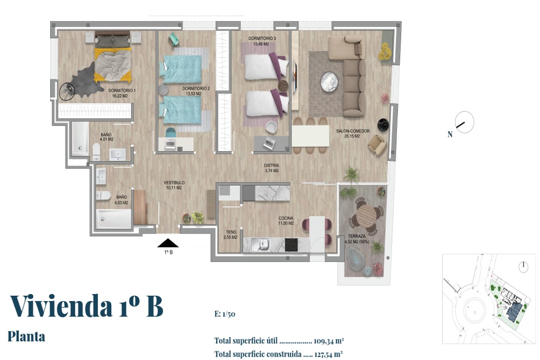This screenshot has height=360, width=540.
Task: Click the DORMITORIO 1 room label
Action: [x=122, y=91]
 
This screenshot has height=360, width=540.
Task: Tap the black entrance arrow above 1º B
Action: [x=168, y=243]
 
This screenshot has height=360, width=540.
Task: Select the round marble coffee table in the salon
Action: [x=329, y=81]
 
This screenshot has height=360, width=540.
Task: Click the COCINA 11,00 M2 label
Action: [x=286, y=221]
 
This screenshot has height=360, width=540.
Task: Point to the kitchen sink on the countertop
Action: [x=264, y=244]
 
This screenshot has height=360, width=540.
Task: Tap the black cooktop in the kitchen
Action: [x=292, y=244]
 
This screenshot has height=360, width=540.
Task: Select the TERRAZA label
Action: [x=357, y=236]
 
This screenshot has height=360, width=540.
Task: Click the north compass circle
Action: [x=464, y=122]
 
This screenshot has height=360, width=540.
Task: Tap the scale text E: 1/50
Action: [x=225, y=314]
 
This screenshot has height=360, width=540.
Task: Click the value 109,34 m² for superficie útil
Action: [x=328, y=341]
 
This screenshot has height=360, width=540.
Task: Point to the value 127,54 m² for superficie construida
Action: [x=328, y=354]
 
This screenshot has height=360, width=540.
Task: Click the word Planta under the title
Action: [x=26, y=337]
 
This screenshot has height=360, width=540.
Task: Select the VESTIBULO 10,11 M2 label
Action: [x=174, y=185]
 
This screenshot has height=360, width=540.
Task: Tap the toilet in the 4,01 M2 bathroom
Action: [x=97, y=152]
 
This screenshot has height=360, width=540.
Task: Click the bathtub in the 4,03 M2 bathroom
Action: [x=113, y=219]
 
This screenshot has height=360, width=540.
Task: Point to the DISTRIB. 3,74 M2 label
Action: [x=272, y=168]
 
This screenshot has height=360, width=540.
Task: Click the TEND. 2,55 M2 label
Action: [x=231, y=235]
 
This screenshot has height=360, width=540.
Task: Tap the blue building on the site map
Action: [x=514, y=312]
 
